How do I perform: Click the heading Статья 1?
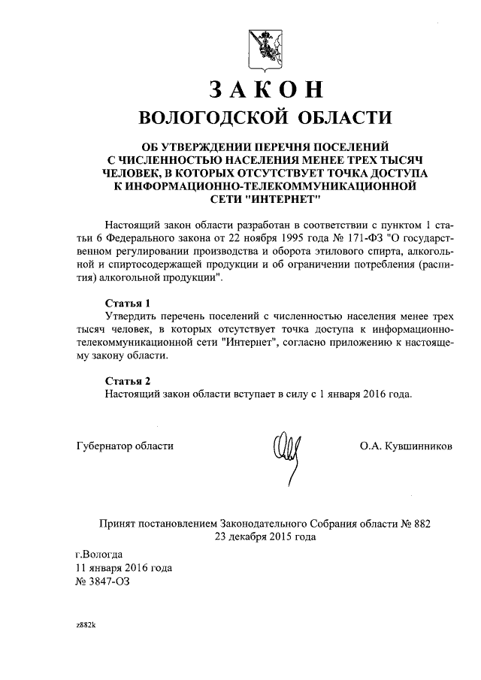point(124,302)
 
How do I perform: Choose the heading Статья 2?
point(124,380)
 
